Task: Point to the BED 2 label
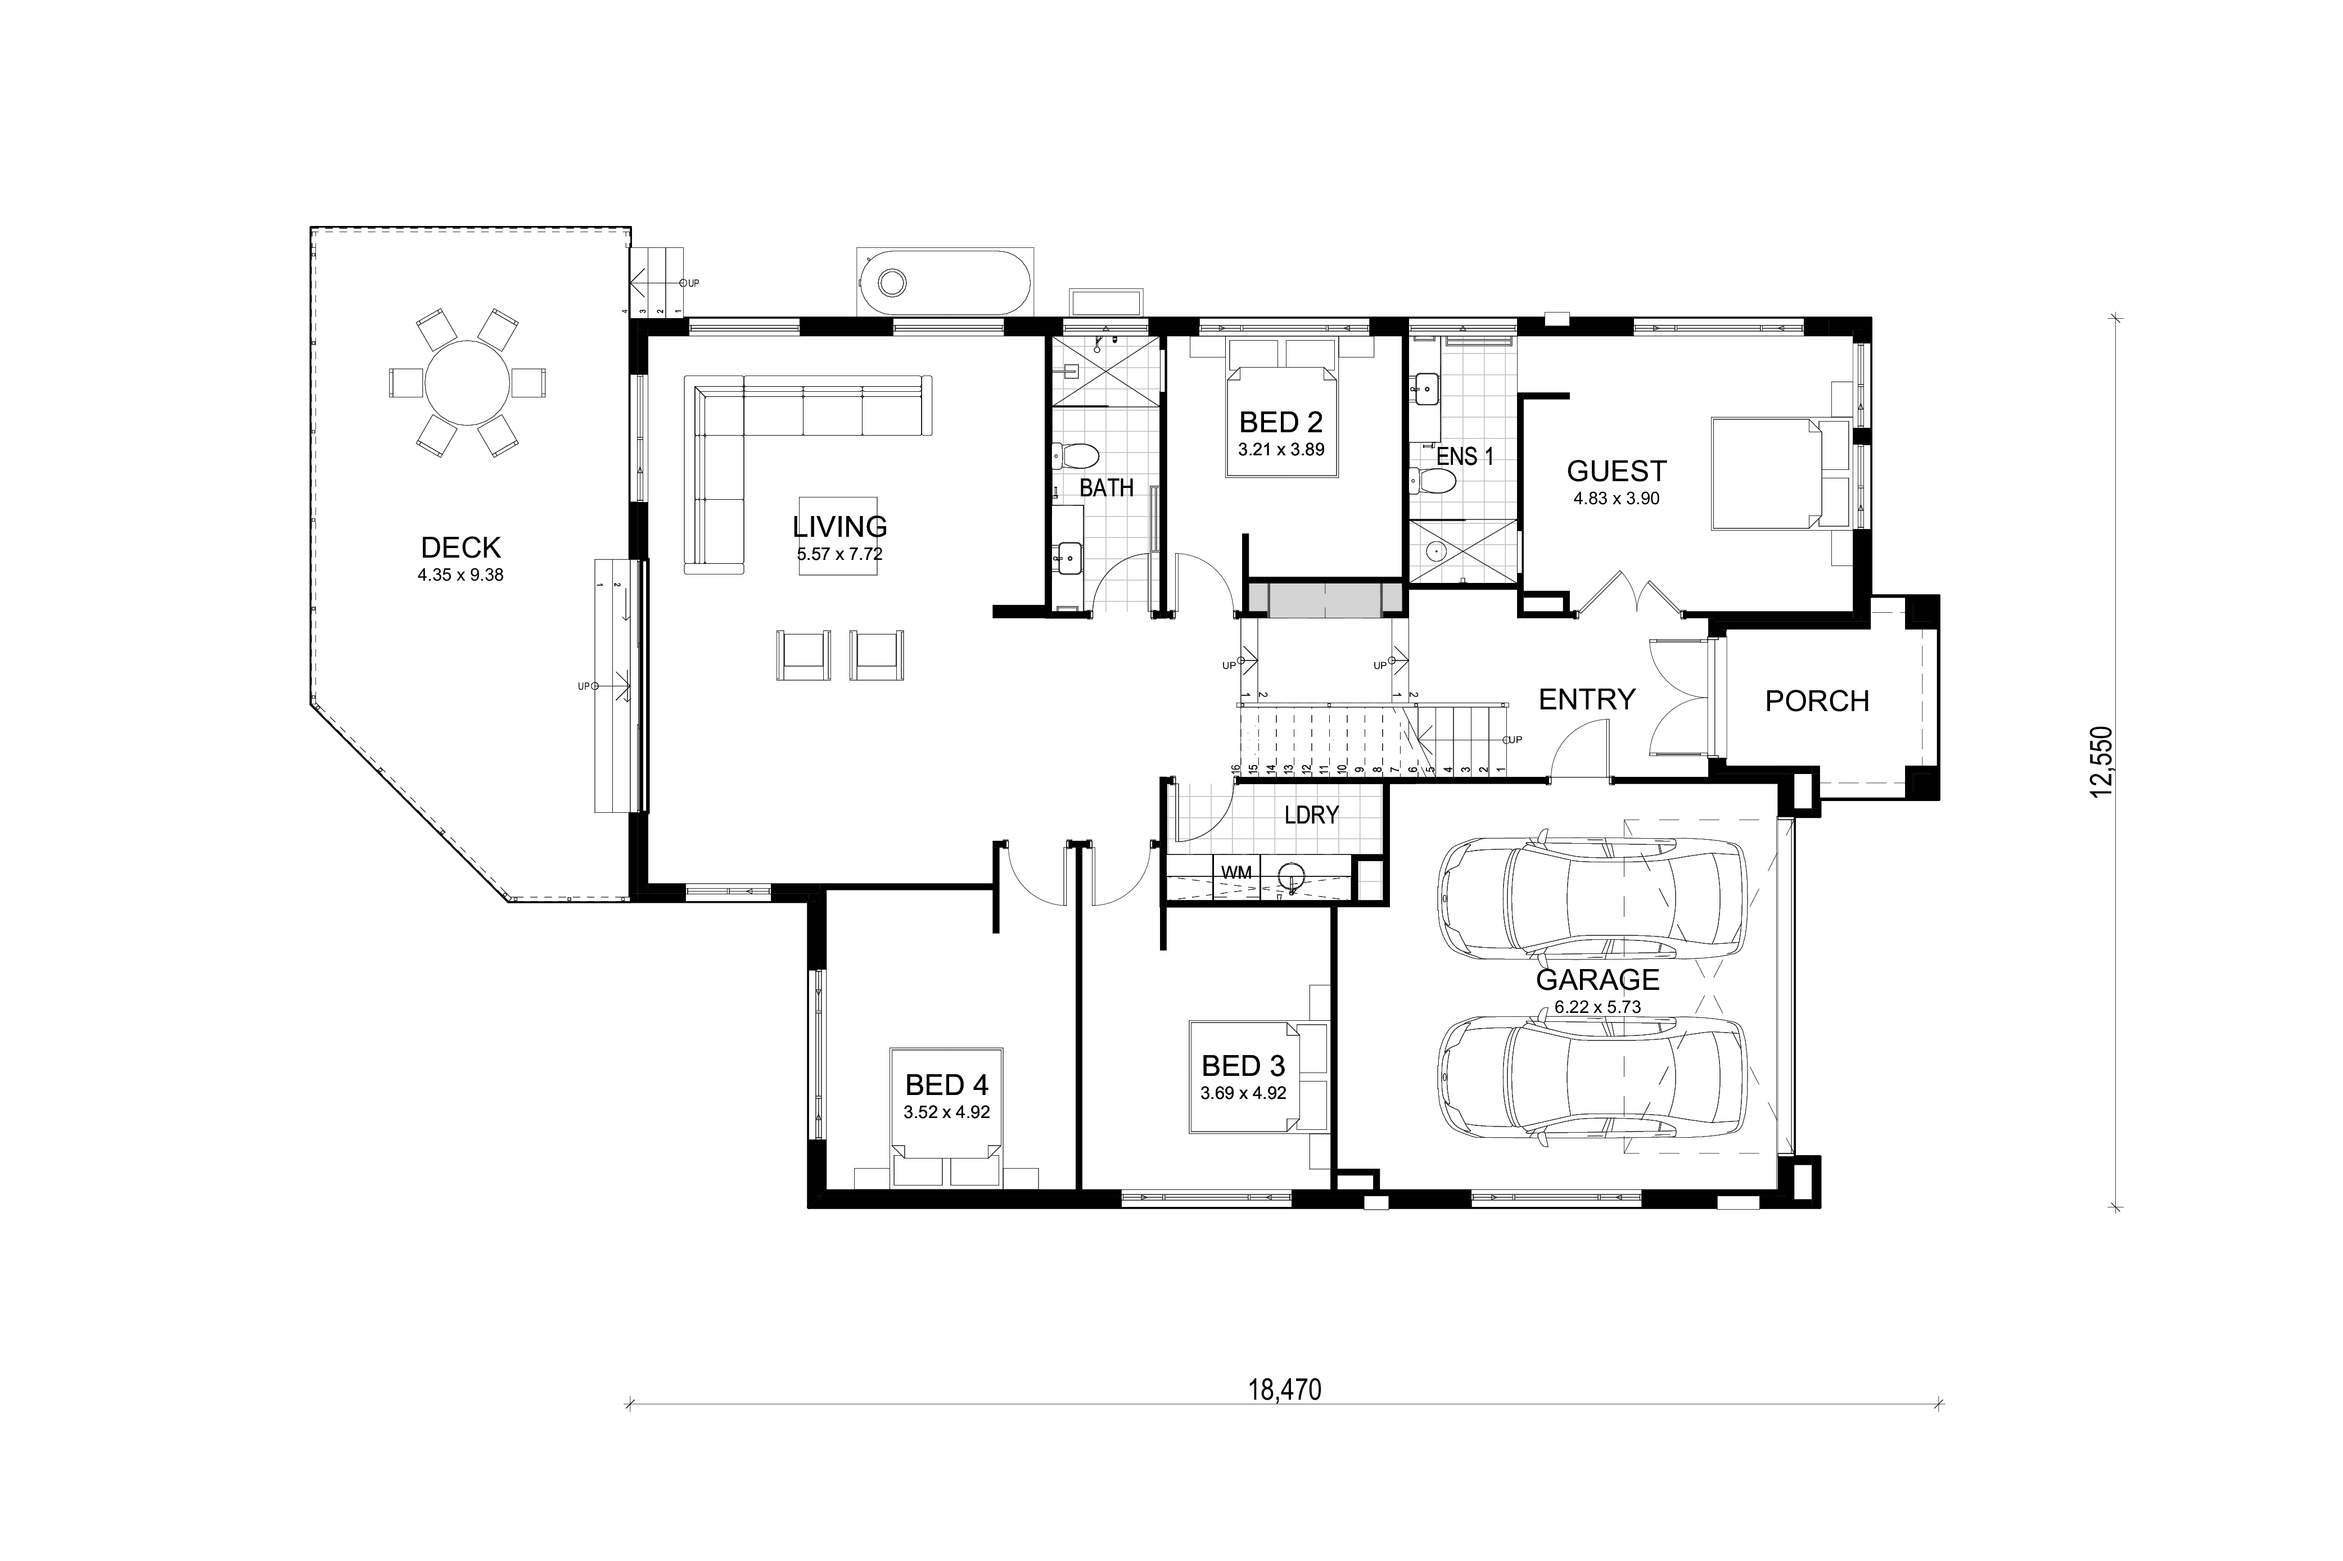tap(1280, 422)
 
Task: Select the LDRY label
tap(1311, 815)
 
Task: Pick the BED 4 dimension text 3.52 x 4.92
tap(946, 1112)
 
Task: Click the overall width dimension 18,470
tap(1285, 1390)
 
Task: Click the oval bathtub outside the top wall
tap(944, 283)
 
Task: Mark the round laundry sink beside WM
tap(1290, 877)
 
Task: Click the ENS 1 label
tap(1465, 457)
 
